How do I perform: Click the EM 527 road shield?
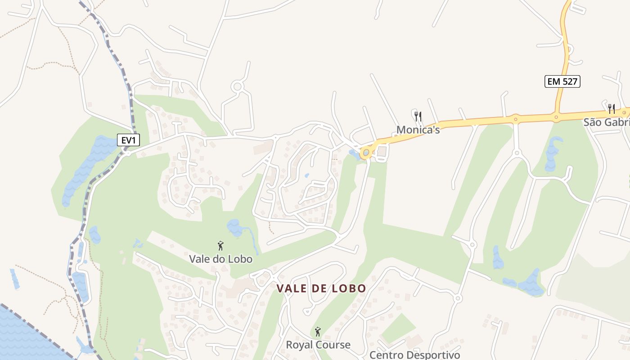click(x=562, y=81)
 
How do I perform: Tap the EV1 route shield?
click(x=129, y=140)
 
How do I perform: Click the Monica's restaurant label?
click(x=418, y=130)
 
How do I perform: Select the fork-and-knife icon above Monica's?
click(x=418, y=117)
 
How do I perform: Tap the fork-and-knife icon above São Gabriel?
click(x=612, y=108)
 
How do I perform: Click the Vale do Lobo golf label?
click(x=220, y=259)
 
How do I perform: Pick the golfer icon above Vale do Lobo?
click(x=220, y=246)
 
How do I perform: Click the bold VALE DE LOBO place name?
click(x=321, y=288)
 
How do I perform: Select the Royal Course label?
click(x=318, y=345)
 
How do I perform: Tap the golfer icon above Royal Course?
click(x=318, y=332)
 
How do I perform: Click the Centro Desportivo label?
click(x=414, y=355)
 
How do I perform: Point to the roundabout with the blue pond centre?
click(x=366, y=153)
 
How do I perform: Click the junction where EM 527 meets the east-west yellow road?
click(x=556, y=117)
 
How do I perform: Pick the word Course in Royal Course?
click(x=333, y=345)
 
